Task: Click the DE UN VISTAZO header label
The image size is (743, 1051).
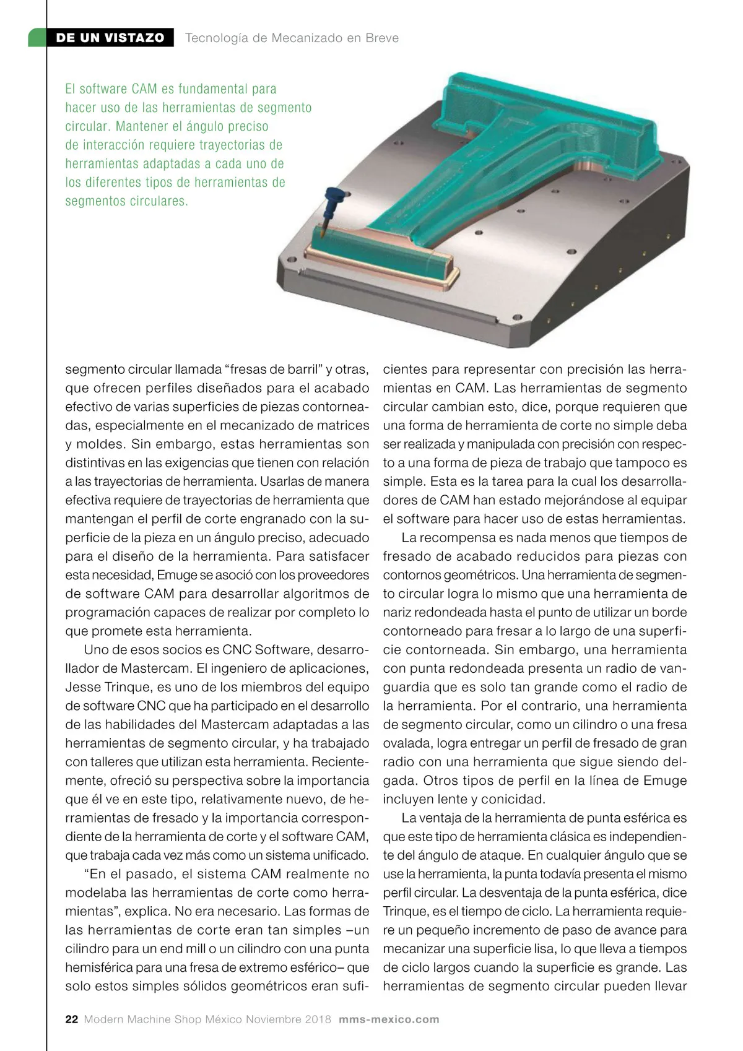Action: (x=110, y=38)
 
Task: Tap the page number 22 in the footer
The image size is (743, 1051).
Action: (x=72, y=1019)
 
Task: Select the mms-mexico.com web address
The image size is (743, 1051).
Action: (x=389, y=1019)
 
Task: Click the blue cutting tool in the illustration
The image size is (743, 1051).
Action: (x=331, y=204)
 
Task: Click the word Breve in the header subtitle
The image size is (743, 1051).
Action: (x=382, y=38)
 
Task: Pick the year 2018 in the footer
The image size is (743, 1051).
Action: (x=318, y=1019)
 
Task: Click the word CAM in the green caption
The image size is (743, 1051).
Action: (x=144, y=89)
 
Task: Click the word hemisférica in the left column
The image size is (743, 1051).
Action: (x=100, y=967)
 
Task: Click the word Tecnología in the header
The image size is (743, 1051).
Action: (x=216, y=38)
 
